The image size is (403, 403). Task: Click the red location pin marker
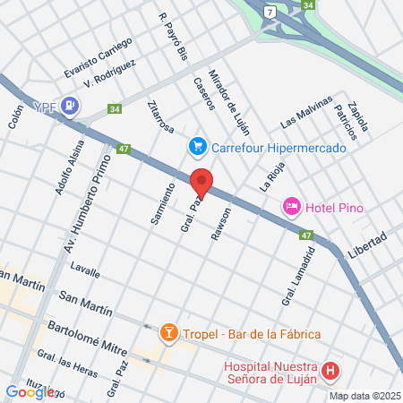[202, 183]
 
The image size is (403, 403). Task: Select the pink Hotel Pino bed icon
[292, 208]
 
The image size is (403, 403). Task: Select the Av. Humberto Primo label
[90, 205]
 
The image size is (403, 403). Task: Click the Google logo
[30, 391]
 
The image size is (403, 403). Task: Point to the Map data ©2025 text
[364, 395]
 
